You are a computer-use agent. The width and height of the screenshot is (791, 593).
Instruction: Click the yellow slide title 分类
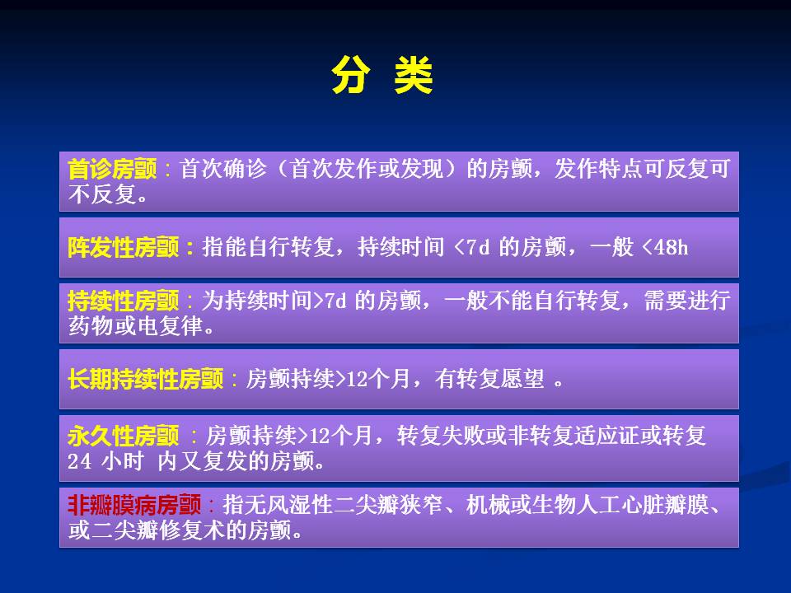point(382,75)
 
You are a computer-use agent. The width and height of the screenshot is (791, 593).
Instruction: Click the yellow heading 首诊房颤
point(113,169)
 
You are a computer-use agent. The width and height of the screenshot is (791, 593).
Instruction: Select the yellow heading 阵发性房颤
point(124,248)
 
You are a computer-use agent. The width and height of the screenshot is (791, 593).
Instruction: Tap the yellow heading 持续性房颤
point(124,301)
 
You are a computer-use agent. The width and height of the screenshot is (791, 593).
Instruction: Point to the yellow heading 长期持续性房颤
point(146,379)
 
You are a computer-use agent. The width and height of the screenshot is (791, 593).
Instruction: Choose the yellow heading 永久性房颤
point(124,436)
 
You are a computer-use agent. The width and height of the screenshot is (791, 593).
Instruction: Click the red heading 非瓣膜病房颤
point(134,505)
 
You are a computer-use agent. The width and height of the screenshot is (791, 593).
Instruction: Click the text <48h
point(666,248)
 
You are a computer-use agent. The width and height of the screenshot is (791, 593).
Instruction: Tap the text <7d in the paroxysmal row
point(472,248)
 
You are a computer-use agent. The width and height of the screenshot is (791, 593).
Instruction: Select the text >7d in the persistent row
point(330,301)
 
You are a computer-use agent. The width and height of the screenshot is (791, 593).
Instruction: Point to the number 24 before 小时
point(80,461)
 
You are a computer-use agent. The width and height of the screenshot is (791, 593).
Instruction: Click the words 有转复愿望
point(489,379)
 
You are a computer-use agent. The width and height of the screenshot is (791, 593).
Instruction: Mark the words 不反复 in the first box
point(101,194)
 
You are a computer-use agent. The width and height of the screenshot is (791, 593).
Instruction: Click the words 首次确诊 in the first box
point(223,169)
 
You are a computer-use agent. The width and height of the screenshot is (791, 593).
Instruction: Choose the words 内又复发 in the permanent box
point(201,461)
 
